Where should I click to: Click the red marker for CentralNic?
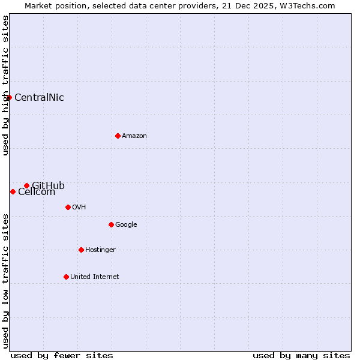click(x=9, y=97)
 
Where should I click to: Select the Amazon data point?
click(x=118, y=136)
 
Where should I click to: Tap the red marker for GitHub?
click(x=26, y=185)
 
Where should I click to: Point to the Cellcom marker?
click(x=13, y=191)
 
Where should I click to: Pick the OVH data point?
click(x=68, y=207)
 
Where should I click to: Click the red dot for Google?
click(x=111, y=224)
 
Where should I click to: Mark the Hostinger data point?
click(x=81, y=250)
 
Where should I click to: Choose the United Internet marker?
click(x=66, y=277)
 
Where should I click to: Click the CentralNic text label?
click(x=39, y=98)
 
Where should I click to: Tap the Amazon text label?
click(x=134, y=136)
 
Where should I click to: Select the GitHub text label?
click(x=48, y=185)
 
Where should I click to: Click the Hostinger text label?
click(x=100, y=250)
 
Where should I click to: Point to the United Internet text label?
click(x=95, y=277)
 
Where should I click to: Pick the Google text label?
click(x=126, y=225)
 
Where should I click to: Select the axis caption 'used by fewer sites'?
click(x=62, y=355)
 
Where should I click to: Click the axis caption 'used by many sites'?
click(x=301, y=355)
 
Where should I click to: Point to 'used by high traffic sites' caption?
click(x=6, y=85)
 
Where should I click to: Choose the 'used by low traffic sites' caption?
click(x=6, y=281)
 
